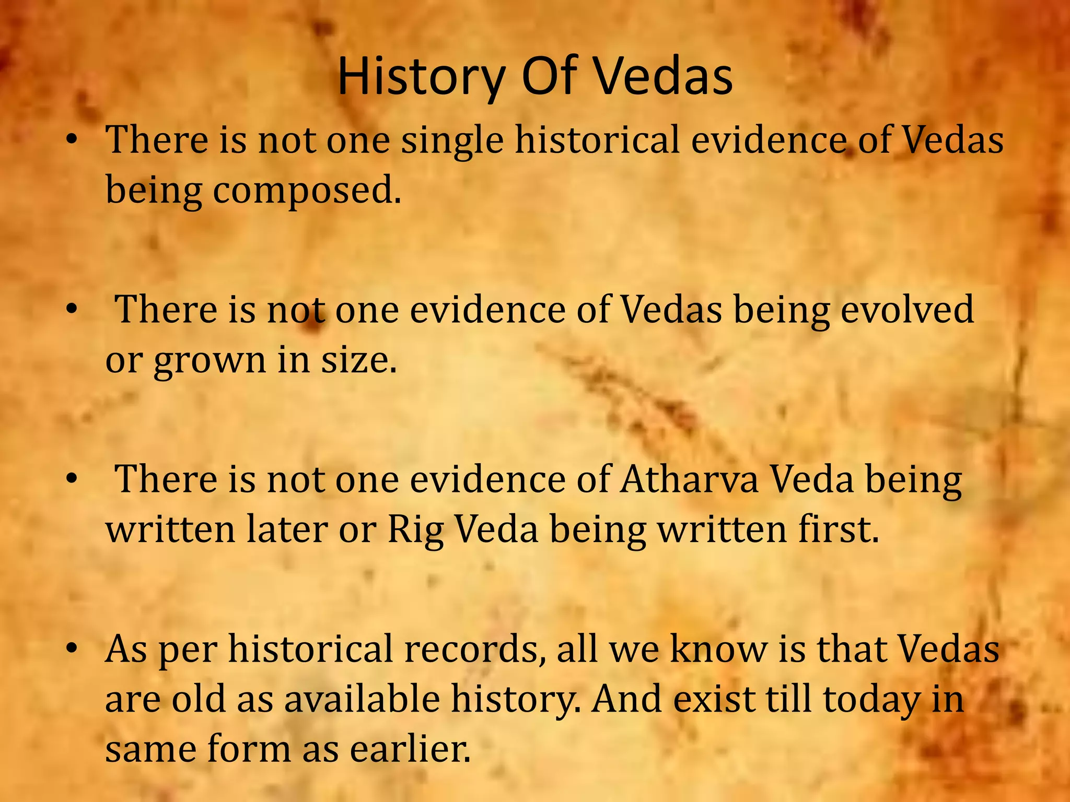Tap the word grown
(x=210, y=361)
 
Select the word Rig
(x=415, y=530)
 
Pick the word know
(x=718, y=648)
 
